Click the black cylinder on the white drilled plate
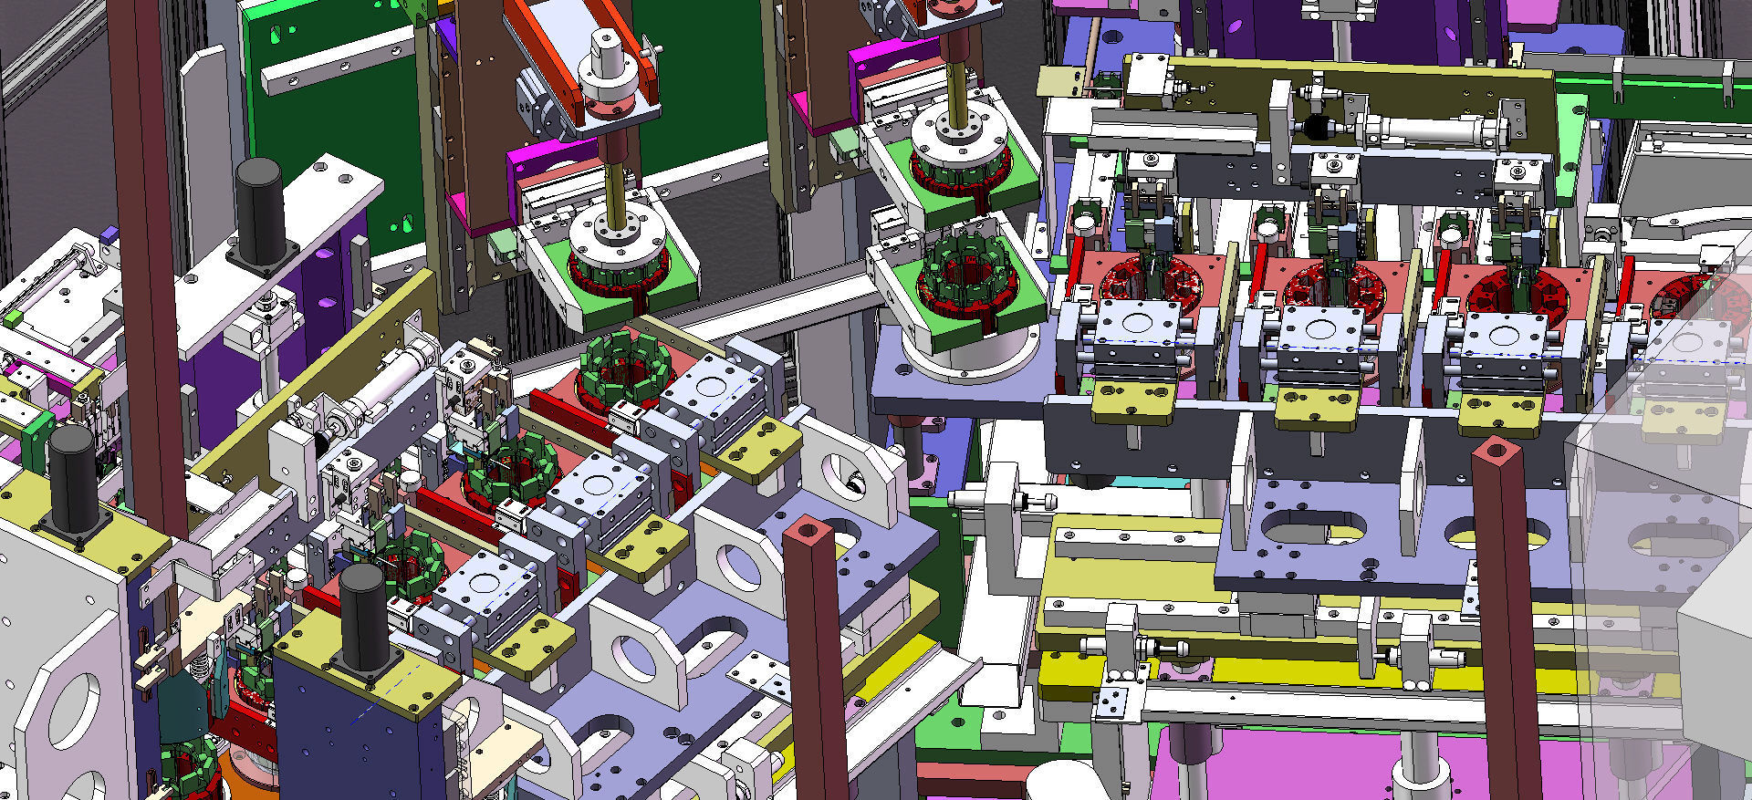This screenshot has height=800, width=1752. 259,212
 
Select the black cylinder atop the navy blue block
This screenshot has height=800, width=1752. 363,616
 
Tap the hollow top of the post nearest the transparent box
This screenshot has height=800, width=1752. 1494,450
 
